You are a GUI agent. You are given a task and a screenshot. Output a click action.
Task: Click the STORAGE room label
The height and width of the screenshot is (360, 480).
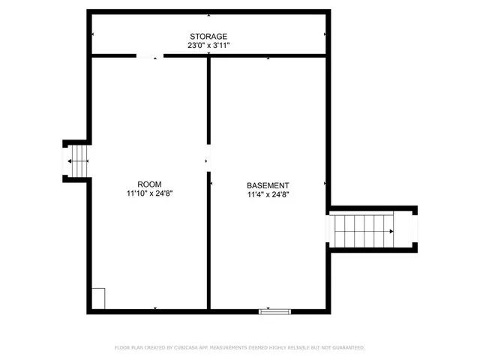[208, 36]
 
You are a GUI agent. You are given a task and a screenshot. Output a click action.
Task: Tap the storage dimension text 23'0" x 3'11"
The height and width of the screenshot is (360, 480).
[208, 46]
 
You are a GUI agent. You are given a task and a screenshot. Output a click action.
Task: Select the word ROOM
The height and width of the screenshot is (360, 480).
[150, 184]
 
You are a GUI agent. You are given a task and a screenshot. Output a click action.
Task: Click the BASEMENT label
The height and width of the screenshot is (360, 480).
[268, 185]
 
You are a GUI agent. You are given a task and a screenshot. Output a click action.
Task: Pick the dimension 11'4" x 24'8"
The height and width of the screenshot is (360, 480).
[268, 194]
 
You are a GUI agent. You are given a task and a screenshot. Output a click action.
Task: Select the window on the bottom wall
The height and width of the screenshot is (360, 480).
[274, 310]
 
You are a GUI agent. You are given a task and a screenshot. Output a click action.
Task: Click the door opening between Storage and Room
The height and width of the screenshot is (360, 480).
[148, 55]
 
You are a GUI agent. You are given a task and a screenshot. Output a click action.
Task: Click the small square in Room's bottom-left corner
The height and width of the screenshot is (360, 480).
[98, 298]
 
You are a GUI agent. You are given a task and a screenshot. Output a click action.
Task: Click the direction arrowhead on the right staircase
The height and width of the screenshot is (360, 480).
[391, 232]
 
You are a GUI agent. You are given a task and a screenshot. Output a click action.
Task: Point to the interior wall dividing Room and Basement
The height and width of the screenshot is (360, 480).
[208, 240]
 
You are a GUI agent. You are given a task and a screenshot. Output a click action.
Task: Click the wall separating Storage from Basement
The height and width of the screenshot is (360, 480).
[267, 55]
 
